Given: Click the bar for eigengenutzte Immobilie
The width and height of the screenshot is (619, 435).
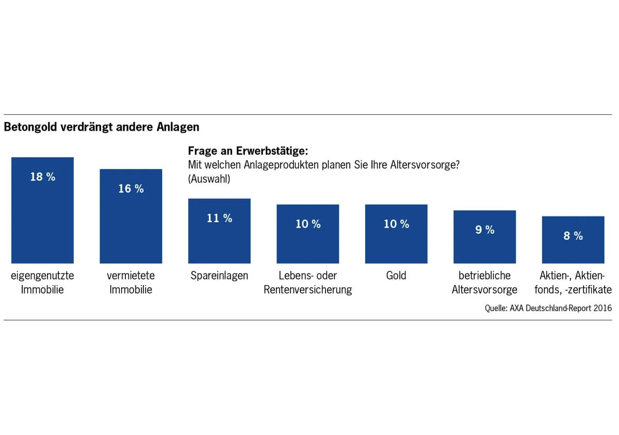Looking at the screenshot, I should click(x=42, y=217).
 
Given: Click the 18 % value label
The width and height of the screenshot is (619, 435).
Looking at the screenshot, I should click(x=43, y=177).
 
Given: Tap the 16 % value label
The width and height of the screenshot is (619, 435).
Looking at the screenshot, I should click(x=131, y=189).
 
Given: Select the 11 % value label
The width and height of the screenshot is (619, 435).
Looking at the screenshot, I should click(x=220, y=218).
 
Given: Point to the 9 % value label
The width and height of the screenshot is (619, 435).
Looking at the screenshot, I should click(x=485, y=230).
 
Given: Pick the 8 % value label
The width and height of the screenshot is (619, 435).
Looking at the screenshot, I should click(x=573, y=236).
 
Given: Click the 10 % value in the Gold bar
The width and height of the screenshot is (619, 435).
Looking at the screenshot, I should click(x=396, y=224).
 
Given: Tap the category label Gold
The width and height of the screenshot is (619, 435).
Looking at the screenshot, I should click(x=396, y=275).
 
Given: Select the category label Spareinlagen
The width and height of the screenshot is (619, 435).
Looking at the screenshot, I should click(x=219, y=275).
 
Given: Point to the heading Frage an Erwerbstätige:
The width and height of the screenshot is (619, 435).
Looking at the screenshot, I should click(x=248, y=151).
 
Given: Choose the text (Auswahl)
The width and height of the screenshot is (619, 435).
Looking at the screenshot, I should click(x=209, y=179).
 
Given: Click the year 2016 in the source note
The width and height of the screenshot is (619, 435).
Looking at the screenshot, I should click(x=602, y=308).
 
